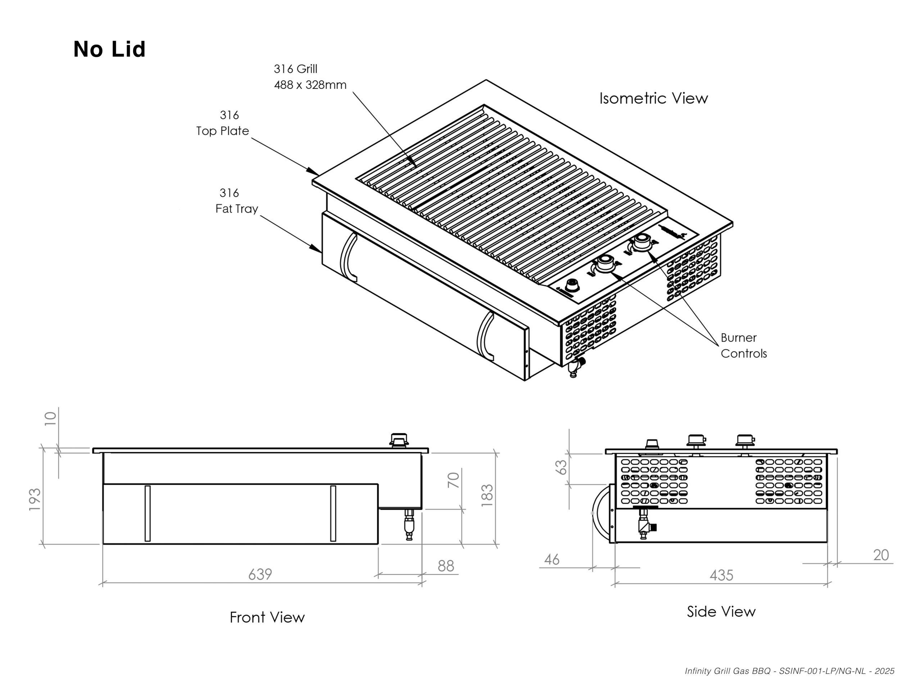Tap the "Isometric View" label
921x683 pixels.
point(653,99)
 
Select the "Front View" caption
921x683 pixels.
point(267,617)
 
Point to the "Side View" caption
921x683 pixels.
point(721,611)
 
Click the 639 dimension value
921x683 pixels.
point(260,574)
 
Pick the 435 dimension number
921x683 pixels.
point(721,575)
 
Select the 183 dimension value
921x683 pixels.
point(487,495)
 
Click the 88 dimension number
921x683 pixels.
point(446,566)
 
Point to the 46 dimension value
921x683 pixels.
point(552,560)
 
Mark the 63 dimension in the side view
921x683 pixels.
point(561,467)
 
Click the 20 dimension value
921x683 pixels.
point(881,555)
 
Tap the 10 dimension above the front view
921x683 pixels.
point(50,418)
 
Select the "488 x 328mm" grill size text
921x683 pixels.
point(310,85)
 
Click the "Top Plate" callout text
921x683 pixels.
point(222,131)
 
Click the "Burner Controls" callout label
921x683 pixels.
point(743,346)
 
